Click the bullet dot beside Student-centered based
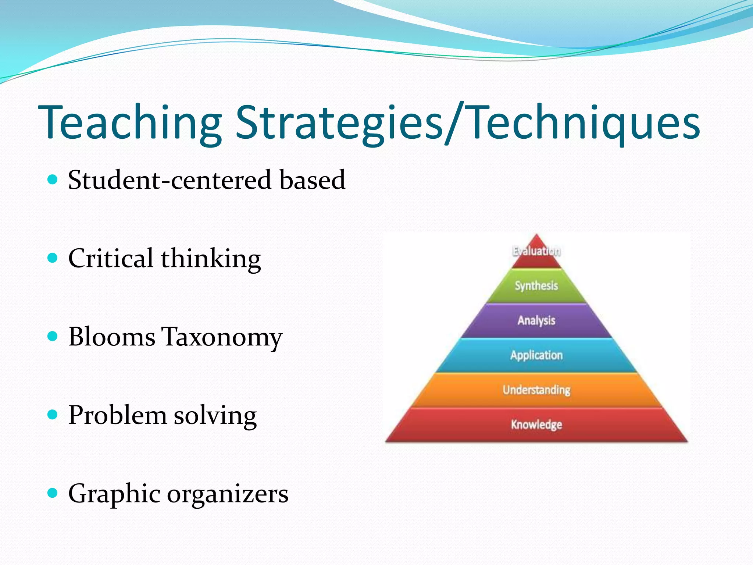click(x=53, y=180)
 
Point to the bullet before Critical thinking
click(x=53, y=258)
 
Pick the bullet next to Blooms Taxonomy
click(x=53, y=336)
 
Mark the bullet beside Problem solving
click(x=53, y=415)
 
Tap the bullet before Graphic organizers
click(x=53, y=493)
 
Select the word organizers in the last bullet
click(x=228, y=494)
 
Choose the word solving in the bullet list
click(x=215, y=416)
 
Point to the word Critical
click(x=111, y=258)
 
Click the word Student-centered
click(x=169, y=180)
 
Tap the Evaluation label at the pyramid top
click(x=536, y=251)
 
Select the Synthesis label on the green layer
click(x=536, y=286)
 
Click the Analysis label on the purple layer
click(x=536, y=320)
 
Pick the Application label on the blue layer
click(x=536, y=355)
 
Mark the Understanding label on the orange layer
click(x=536, y=390)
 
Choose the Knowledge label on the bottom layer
click(x=536, y=424)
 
